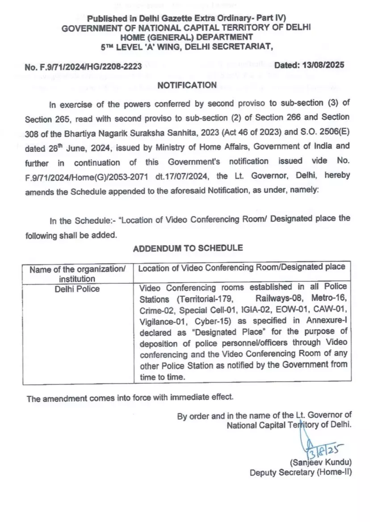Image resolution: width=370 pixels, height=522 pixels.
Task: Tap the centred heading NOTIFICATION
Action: (x=187, y=85)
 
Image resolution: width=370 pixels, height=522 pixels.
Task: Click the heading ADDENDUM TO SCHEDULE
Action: (x=188, y=248)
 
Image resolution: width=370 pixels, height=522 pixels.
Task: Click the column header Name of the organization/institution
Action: (x=77, y=274)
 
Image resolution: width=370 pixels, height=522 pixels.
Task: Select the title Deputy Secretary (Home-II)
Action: (x=301, y=472)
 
